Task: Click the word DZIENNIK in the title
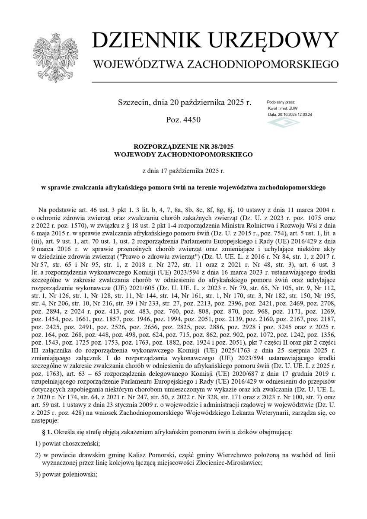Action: click(147, 41)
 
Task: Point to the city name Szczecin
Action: click(132, 103)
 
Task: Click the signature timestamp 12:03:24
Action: click(304, 115)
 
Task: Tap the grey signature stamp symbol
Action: click(283, 123)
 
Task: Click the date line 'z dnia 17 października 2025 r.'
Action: click(183, 171)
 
